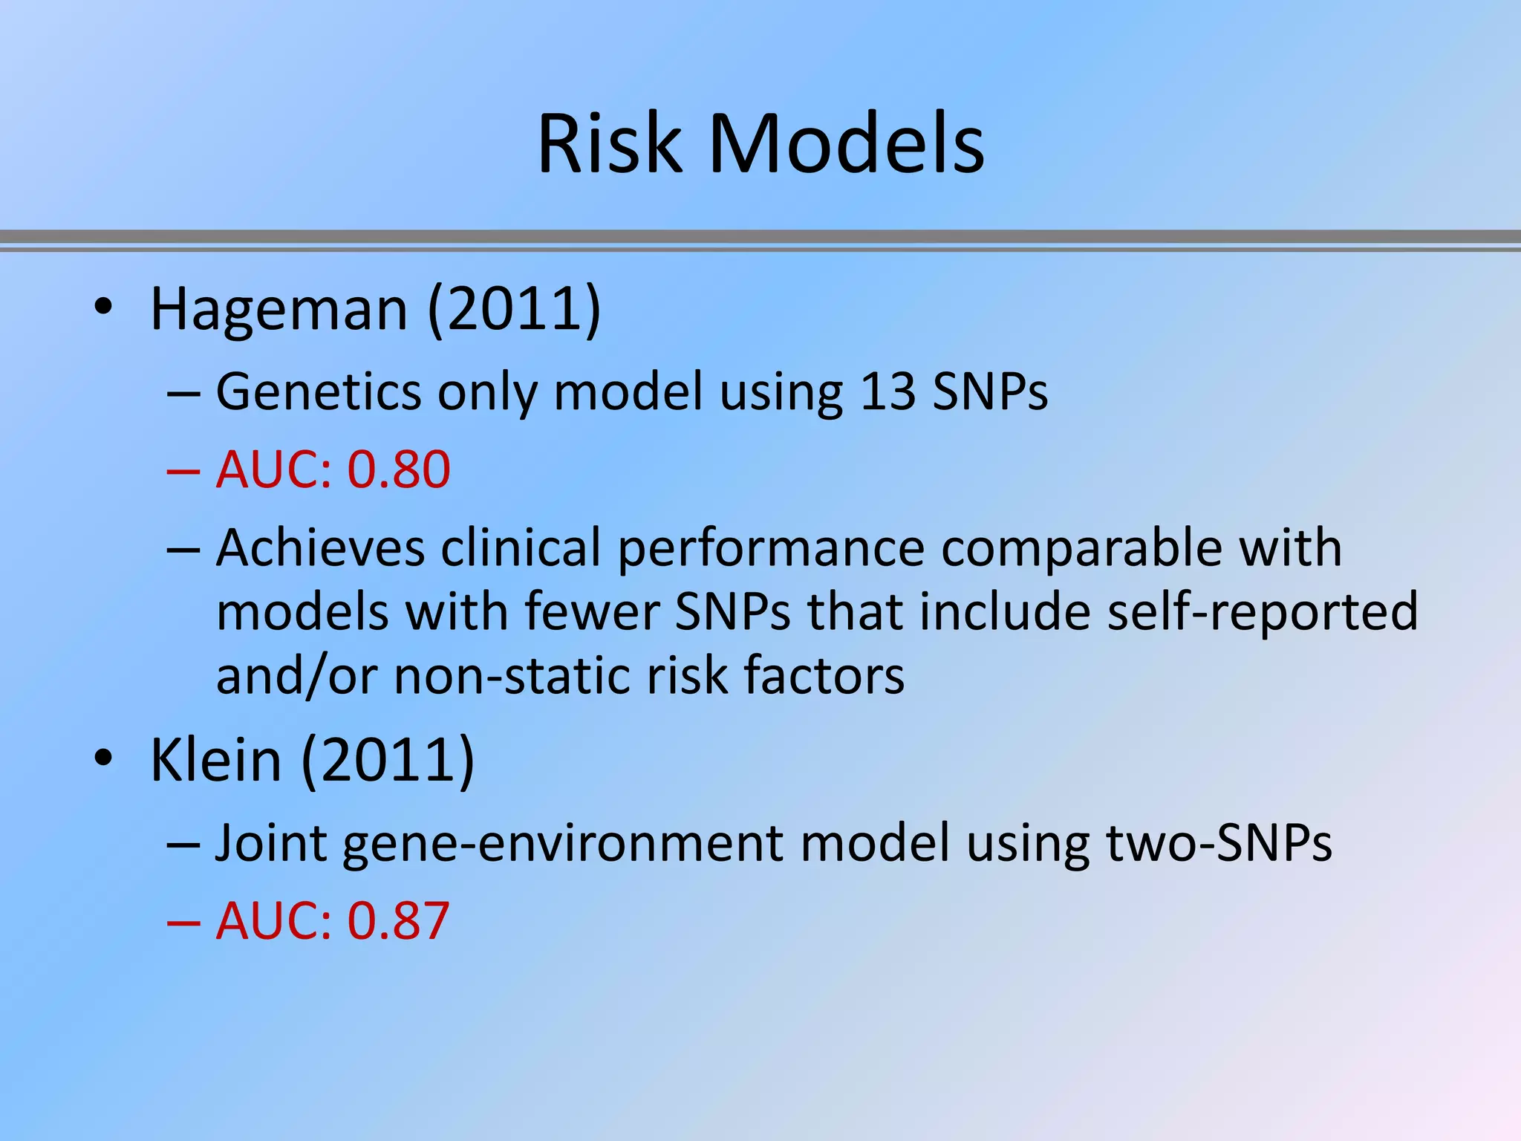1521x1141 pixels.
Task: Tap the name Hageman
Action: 279,309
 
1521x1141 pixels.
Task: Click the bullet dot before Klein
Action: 103,758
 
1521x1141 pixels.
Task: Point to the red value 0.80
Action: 399,469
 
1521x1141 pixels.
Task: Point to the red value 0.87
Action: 399,921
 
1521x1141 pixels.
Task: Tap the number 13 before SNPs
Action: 887,391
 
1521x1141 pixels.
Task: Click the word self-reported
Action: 1262,612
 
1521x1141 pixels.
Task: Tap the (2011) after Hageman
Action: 514,309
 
